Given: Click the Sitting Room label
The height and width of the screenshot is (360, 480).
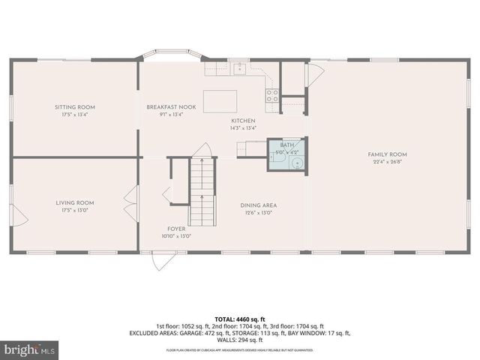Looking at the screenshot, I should [75, 107].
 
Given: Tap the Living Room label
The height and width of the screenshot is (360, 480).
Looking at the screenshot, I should [75, 202].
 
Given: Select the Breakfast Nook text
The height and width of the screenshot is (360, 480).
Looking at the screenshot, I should [171, 107].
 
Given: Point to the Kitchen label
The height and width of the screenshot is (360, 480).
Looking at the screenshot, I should [243, 121].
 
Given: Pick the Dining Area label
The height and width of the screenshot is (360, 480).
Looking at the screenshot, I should [259, 205].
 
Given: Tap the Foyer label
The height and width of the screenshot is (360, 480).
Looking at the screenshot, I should [177, 229].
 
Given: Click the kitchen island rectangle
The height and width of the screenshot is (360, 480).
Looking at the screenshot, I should [220, 100].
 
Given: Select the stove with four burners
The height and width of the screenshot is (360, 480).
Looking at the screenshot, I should [272, 95].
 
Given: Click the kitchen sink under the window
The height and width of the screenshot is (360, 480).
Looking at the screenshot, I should [238, 70].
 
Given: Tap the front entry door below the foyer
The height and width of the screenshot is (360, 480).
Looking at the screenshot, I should [164, 261].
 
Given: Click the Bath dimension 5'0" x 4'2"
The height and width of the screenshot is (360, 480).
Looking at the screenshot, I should [287, 151].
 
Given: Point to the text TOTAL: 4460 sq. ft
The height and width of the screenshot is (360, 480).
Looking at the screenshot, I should [240, 319].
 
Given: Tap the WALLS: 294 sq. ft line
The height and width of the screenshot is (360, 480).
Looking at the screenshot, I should [240, 340].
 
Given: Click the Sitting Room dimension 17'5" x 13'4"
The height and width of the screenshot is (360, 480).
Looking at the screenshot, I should [75, 115].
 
